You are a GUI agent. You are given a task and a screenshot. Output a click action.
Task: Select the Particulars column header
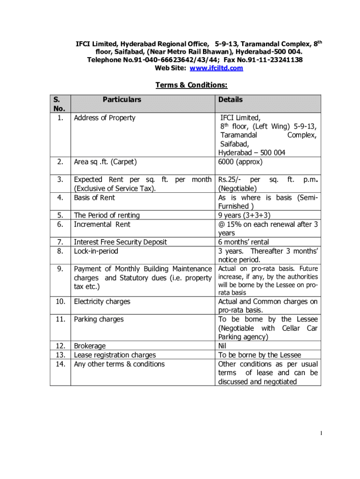coord(122,100)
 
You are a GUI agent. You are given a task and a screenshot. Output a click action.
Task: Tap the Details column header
coord(230,100)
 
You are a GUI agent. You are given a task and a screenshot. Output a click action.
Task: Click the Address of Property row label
coord(104,118)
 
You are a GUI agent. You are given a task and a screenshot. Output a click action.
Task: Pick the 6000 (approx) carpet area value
coord(240,162)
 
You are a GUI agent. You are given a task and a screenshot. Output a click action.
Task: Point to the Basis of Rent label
coord(94,197)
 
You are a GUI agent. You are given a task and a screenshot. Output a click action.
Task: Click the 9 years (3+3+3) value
coord(244,215)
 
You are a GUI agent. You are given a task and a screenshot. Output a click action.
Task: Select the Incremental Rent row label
coord(102,224)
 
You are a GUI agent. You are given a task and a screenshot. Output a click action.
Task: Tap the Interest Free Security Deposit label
coord(120,242)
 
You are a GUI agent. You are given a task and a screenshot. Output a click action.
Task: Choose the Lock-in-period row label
coord(96,251)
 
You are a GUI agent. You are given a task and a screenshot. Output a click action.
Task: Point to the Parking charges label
coord(99,319)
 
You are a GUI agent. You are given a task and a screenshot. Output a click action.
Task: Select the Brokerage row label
coord(90,346)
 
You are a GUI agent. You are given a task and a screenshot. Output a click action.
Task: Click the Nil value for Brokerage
coord(223,346)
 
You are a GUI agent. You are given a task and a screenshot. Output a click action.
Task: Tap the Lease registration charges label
coord(115,355)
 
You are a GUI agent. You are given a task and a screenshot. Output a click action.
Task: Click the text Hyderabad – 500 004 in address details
coord(252,153)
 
